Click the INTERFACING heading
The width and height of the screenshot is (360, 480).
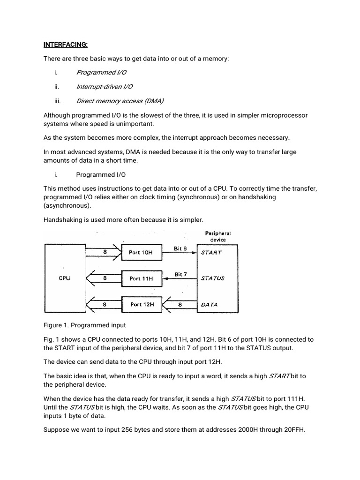(x=66, y=45)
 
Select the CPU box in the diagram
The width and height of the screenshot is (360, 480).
(x=65, y=278)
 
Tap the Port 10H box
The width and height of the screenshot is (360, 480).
(x=141, y=252)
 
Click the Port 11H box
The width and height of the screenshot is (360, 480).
(x=141, y=278)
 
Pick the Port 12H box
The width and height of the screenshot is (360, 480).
(x=142, y=304)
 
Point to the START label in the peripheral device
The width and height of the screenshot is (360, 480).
(x=211, y=252)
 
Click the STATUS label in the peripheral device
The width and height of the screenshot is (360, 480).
(x=213, y=278)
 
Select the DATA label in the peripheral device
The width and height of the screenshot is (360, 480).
(x=210, y=304)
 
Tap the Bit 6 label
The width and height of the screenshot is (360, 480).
(x=181, y=248)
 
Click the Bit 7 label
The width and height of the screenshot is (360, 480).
(x=181, y=274)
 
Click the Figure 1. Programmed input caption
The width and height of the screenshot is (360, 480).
(x=85, y=325)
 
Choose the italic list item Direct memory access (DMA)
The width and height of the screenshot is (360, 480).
(x=120, y=101)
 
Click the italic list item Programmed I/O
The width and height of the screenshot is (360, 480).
(x=101, y=72)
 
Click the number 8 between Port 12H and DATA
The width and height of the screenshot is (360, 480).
(x=180, y=304)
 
